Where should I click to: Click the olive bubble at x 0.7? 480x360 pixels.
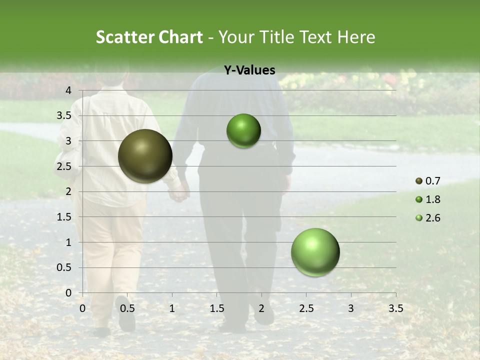click(x=145, y=156)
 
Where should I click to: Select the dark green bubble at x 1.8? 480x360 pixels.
click(x=243, y=131)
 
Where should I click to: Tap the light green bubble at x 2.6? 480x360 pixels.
click(x=315, y=252)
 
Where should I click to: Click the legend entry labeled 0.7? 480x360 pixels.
click(x=428, y=181)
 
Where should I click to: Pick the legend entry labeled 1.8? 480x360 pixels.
click(x=428, y=199)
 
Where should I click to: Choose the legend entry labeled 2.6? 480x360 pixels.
click(x=428, y=218)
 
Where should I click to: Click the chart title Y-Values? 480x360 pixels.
click(x=249, y=70)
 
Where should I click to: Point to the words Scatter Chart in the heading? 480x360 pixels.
click(x=149, y=37)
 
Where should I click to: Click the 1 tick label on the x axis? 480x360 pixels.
click(x=172, y=308)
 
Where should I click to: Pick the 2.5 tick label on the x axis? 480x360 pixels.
click(x=306, y=308)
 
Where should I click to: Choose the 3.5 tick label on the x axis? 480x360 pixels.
click(x=395, y=308)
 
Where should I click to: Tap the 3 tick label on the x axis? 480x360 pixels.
click(x=351, y=308)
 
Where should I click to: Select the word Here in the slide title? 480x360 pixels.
click(x=356, y=37)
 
